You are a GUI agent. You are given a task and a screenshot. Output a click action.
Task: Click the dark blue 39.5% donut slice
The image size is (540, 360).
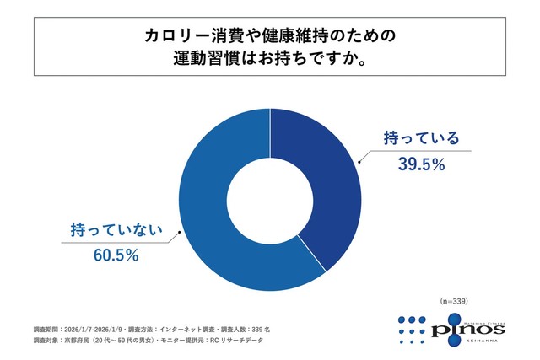325,185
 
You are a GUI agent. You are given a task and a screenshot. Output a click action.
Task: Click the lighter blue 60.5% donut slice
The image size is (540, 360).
211,211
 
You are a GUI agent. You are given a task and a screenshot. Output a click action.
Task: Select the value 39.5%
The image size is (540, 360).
420,165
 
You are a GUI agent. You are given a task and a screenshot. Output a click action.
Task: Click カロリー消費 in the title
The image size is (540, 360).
186,37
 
